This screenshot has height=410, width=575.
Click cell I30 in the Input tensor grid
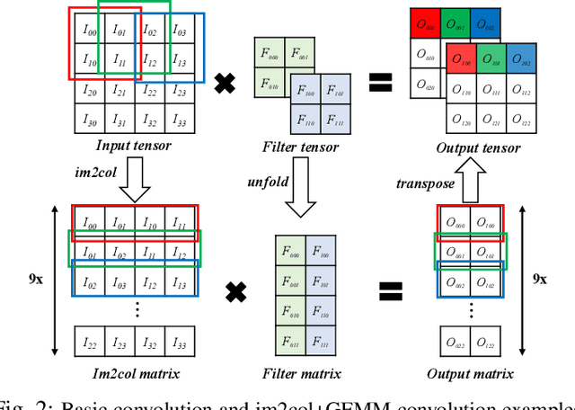90,120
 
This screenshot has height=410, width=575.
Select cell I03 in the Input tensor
180,32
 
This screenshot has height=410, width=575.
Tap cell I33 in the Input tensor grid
180,120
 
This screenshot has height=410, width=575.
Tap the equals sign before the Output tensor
381,84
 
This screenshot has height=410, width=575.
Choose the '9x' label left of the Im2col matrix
36,279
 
